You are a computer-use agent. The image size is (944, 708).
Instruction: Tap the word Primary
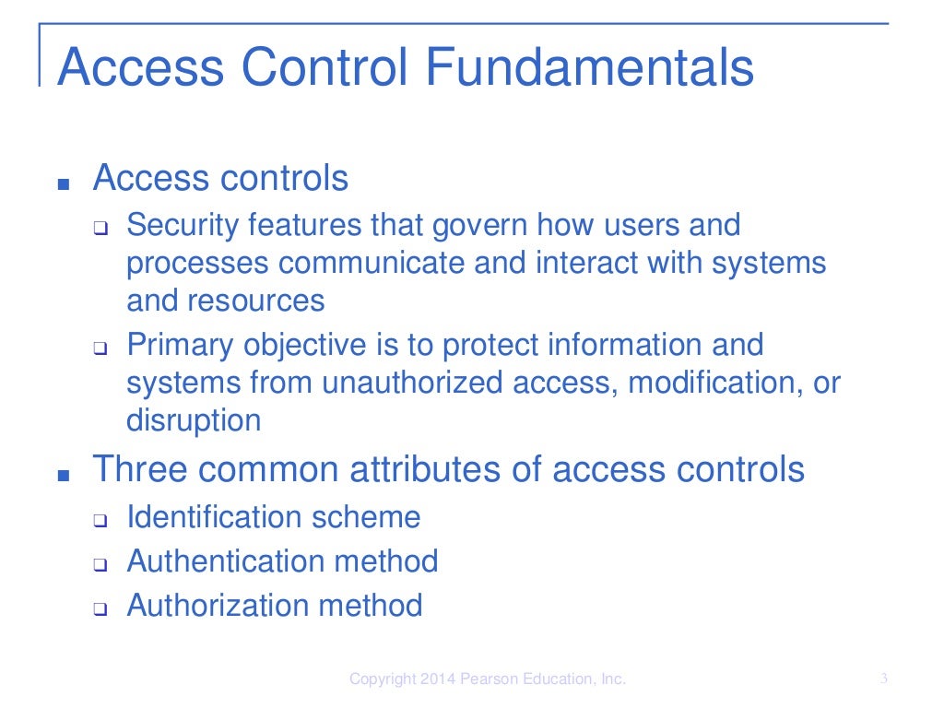point(181,345)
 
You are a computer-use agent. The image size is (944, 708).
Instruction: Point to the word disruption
point(194,420)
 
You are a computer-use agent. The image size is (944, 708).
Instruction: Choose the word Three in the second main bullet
point(135,469)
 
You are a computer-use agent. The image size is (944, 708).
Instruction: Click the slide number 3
point(883,679)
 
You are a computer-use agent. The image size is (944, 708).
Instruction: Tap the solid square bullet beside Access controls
point(63,183)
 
